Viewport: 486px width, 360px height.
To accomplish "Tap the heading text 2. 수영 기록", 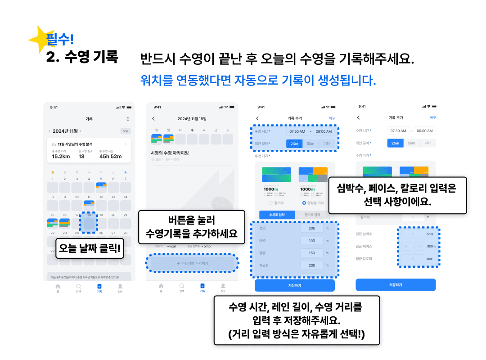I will (x=82, y=58).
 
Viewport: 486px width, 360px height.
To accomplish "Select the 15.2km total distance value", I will (x=60, y=156).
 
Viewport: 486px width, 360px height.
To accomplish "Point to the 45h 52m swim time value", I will (x=111, y=156).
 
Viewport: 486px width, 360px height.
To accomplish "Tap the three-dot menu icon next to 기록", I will (x=128, y=119).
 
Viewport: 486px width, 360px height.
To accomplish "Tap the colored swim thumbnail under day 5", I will (x=101, y=184).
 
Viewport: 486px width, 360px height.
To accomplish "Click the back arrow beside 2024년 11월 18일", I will (x=153, y=119).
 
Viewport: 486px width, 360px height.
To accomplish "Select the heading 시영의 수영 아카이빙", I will (x=170, y=153).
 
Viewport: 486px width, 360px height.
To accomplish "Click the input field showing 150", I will (x=311, y=253).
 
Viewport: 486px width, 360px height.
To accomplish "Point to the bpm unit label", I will (x=429, y=234).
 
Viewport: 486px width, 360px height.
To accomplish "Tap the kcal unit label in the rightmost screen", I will (x=429, y=259).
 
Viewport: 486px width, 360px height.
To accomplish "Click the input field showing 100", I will (x=311, y=241).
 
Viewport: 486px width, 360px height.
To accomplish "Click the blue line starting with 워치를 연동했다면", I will (x=257, y=81).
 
